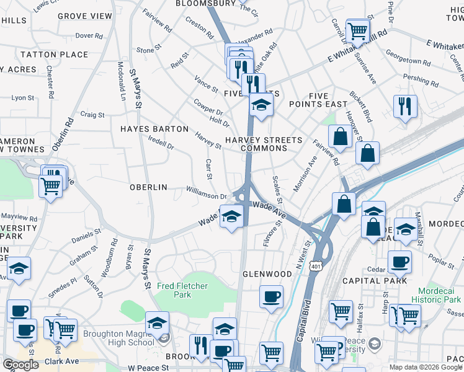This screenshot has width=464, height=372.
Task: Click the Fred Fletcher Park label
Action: coord(182,290)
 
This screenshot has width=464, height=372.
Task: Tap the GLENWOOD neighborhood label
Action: coord(267,273)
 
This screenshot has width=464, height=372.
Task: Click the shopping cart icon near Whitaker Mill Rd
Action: coord(357,30)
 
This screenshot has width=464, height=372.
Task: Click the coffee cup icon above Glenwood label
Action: coord(270,297)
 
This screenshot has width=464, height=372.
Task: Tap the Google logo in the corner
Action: coord(20,365)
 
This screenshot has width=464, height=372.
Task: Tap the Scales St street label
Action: coord(278,190)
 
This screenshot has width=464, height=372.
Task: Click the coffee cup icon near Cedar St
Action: coord(399,262)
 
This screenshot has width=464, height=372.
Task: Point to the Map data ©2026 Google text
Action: coord(426,367)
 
